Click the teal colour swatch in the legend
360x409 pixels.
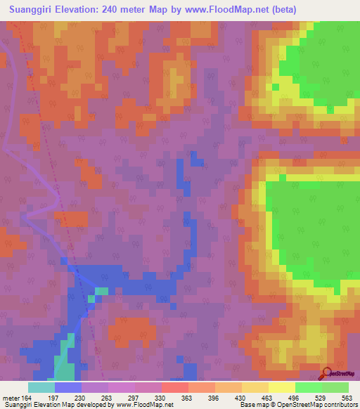tap(41, 387)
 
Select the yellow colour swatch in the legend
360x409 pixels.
tap(281, 387)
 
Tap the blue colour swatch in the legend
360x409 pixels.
tap(67, 387)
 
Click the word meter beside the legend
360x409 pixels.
tap(12, 397)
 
